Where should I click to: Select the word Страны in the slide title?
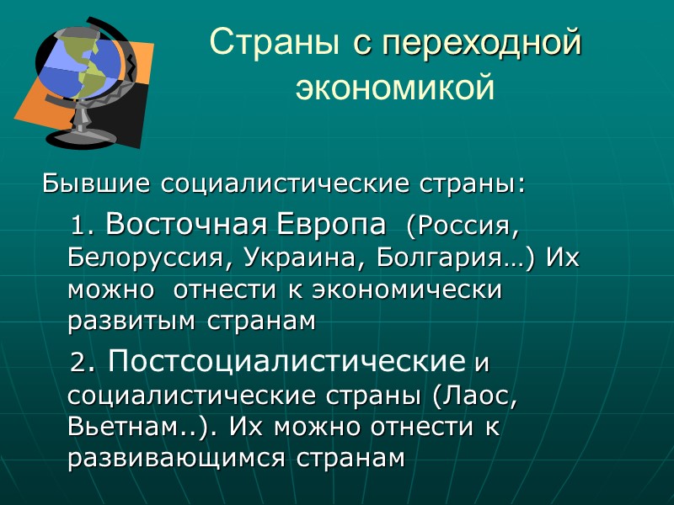coord(277,42)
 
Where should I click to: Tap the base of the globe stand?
coord(80,139)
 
